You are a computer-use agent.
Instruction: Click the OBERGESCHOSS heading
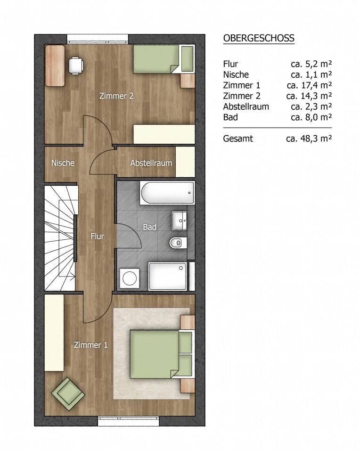pyautogui.click(x=259, y=38)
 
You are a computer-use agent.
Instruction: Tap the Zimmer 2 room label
pyautogui.click(x=116, y=96)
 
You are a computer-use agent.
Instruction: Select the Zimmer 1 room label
pyautogui.click(x=91, y=344)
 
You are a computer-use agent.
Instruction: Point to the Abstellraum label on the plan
pyautogui.click(x=151, y=163)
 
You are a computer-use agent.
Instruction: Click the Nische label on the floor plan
pyautogui.click(x=63, y=163)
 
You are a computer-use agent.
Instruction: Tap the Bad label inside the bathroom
pyautogui.click(x=149, y=227)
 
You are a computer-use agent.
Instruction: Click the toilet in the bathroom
pyautogui.click(x=178, y=243)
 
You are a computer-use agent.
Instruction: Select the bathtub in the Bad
pyautogui.click(x=167, y=193)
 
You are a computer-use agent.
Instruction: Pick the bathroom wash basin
pyautogui.click(x=180, y=221)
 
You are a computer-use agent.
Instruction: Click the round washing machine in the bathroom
pyautogui.click(x=130, y=278)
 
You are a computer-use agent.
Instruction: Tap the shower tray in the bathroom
pyautogui.click(x=168, y=276)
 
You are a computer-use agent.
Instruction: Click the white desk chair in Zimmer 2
pyautogui.click(x=76, y=65)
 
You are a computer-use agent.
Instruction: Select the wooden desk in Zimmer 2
pyautogui.click(x=55, y=65)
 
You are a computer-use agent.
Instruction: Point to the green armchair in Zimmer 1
pyautogui.click(x=68, y=393)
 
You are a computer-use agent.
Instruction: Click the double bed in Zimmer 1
pyautogui.click(x=161, y=354)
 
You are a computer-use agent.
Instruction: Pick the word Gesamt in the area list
pyautogui.click(x=238, y=139)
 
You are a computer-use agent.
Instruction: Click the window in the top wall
pyautogui.click(x=98, y=39)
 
